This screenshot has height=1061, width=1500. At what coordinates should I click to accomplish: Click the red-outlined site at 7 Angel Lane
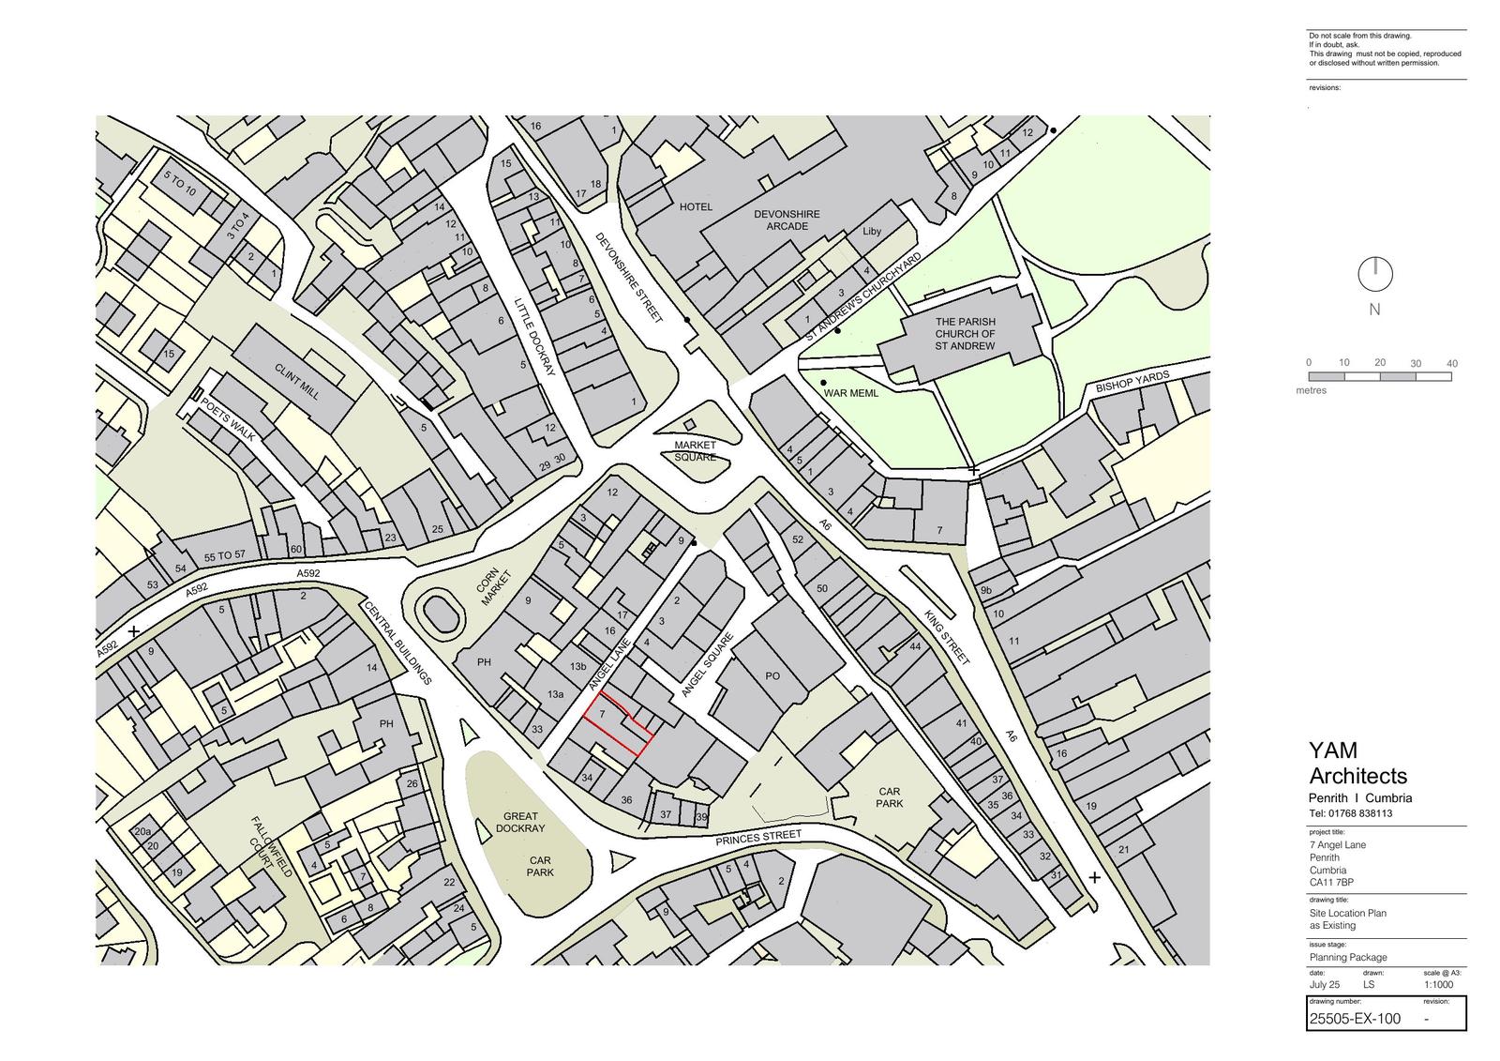[614, 722]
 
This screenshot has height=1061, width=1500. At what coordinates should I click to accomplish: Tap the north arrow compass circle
[1374, 275]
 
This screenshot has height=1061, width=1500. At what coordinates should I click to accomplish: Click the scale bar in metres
[1379, 376]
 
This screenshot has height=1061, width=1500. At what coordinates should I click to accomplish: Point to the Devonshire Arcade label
[787, 220]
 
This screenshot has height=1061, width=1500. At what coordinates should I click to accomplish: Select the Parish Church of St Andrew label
[965, 334]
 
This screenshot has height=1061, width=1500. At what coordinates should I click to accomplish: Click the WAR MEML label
[850, 393]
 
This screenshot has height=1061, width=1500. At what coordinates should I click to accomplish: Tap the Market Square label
[695, 451]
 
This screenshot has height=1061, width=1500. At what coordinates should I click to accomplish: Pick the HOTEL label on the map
[696, 206]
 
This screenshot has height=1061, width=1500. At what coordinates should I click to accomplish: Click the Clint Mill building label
[297, 382]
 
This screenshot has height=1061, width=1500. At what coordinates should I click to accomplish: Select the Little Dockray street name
[535, 337]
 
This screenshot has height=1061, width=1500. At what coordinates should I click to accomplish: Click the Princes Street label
[758, 837]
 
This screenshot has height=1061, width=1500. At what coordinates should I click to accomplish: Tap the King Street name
[947, 638]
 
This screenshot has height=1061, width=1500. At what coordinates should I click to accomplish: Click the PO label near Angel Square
[772, 675]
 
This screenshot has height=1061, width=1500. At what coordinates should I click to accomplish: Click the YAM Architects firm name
[1357, 764]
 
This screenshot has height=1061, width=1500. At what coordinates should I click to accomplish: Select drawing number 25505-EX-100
[1355, 1019]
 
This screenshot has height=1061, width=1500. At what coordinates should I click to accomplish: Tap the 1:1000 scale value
[1438, 985]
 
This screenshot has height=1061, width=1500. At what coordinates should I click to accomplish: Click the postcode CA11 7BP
[1331, 882]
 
